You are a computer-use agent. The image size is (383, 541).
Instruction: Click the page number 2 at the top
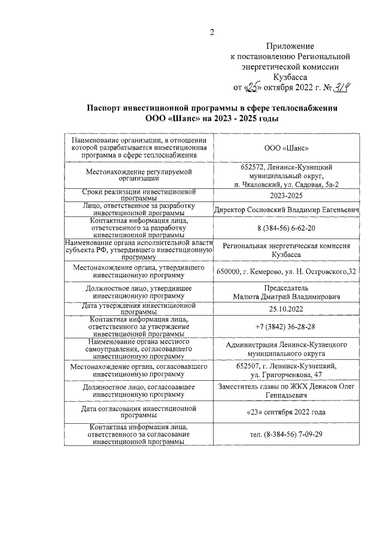211,32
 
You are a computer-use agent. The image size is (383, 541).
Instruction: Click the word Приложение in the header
290,46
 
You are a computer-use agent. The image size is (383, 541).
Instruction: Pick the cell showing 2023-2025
286,195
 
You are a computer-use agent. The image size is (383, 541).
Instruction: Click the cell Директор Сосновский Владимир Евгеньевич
286,210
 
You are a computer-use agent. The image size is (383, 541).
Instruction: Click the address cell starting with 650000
286,271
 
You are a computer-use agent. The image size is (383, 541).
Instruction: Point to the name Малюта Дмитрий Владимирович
286,297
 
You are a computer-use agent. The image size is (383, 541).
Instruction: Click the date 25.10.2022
286,308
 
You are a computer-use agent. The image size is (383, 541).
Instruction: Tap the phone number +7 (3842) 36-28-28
286,327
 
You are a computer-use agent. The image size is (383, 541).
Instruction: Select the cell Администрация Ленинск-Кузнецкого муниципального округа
286,349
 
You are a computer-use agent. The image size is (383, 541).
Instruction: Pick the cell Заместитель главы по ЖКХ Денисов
286,391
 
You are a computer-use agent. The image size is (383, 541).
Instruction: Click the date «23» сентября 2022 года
286,412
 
